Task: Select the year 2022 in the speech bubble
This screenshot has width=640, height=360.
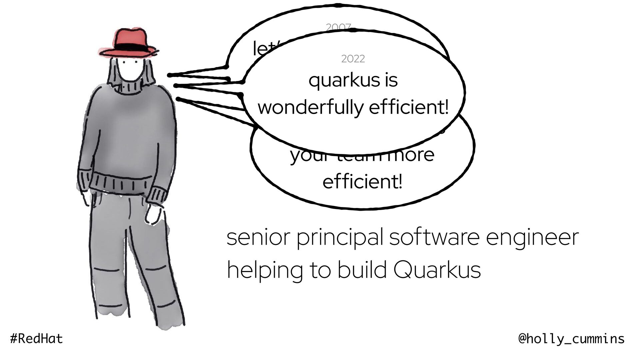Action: [x=353, y=59]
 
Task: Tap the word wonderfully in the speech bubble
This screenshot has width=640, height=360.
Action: [x=310, y=108]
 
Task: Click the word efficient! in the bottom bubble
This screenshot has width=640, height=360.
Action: [x=362, y=182]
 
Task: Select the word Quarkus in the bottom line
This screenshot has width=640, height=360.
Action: [x=437, y=270]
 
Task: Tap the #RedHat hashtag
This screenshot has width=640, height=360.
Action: [x=37, y=339]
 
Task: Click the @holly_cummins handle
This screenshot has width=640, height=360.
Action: [x=571, y=339]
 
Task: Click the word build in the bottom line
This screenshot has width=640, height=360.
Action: [x=362, y=270]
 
